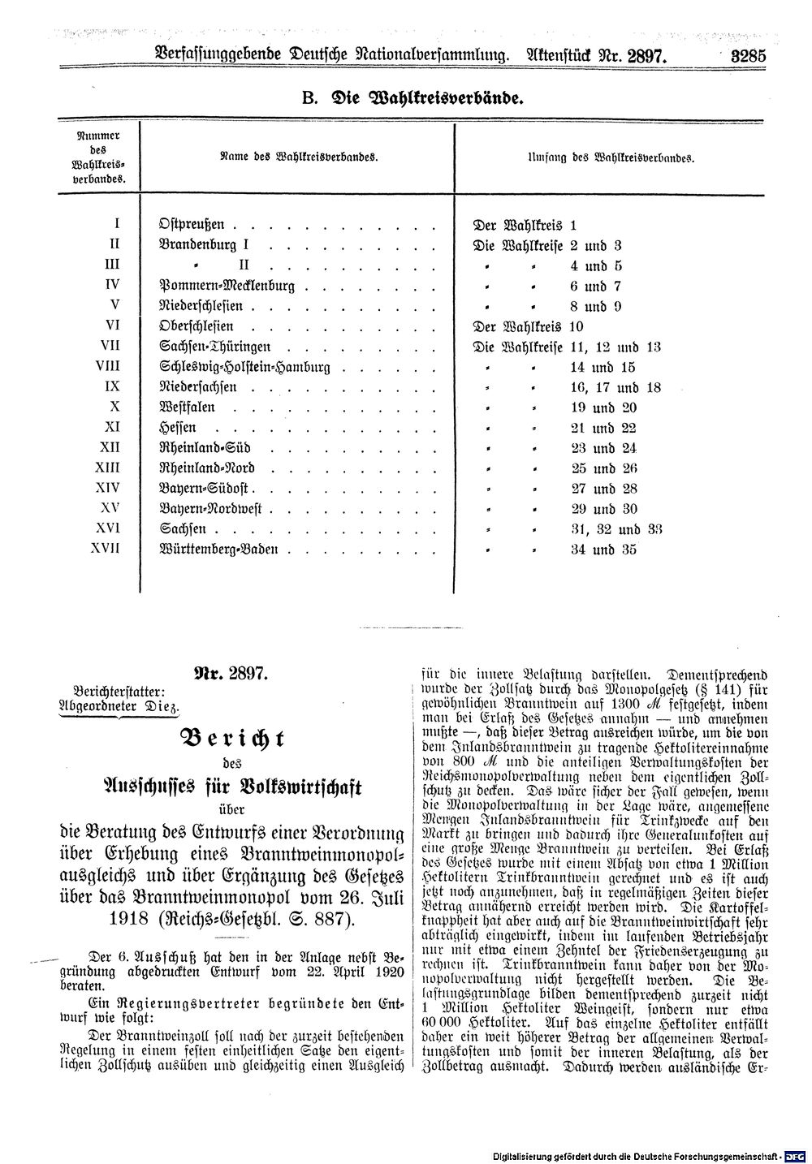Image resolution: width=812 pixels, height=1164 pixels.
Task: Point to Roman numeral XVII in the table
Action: [x=107, y=549]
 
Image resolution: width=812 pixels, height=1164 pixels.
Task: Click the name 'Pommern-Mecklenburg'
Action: [x=227, y=286]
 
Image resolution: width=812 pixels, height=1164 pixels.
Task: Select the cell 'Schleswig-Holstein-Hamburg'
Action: [x=246, y=367]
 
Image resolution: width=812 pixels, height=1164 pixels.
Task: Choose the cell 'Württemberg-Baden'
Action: [x=220, y=550]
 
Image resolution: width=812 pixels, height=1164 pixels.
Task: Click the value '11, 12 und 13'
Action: [x=615, y=347]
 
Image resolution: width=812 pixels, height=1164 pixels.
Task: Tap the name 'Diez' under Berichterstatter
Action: [x=162, y=707]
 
